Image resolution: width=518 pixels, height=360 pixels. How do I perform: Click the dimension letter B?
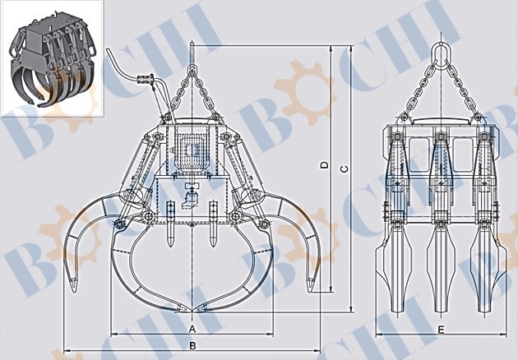192,345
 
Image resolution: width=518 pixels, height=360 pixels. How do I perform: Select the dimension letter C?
345,169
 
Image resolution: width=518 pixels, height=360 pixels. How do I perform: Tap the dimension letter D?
325,165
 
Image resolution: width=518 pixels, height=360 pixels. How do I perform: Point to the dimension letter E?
441,330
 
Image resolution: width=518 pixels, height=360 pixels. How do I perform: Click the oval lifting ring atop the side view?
441,52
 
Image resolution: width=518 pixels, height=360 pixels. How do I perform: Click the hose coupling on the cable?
146,78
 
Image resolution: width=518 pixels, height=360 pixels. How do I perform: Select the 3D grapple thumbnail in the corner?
52,59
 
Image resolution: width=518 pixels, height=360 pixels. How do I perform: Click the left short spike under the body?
170,224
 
